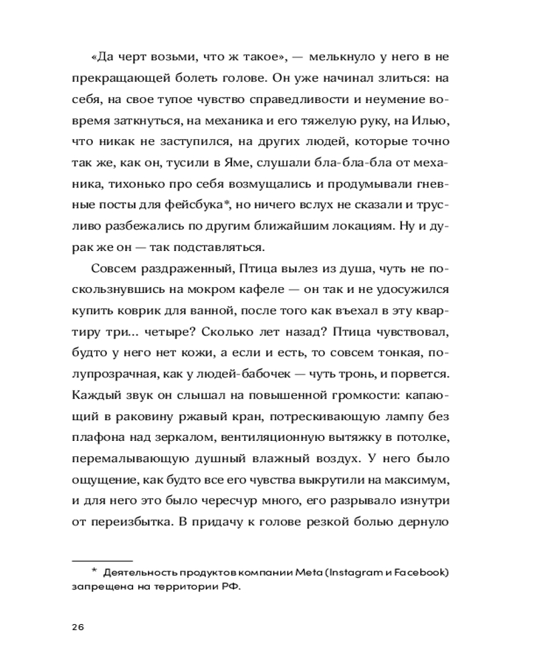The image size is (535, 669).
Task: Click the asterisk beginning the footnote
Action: [x=94, y=570]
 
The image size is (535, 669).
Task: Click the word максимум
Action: [x=415, y=481]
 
